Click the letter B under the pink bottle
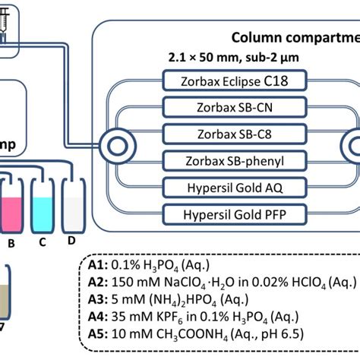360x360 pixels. pos(11,244)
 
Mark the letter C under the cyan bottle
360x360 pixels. pos(43,242)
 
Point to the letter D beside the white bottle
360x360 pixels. pos(72,242)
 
